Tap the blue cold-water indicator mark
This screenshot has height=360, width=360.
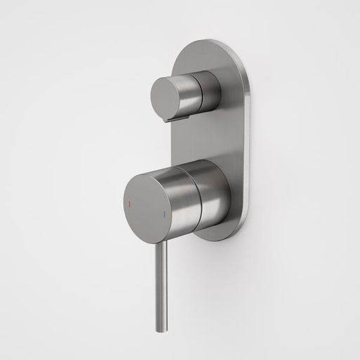(164, 210)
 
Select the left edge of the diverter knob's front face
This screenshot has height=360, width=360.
(150, 98)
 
